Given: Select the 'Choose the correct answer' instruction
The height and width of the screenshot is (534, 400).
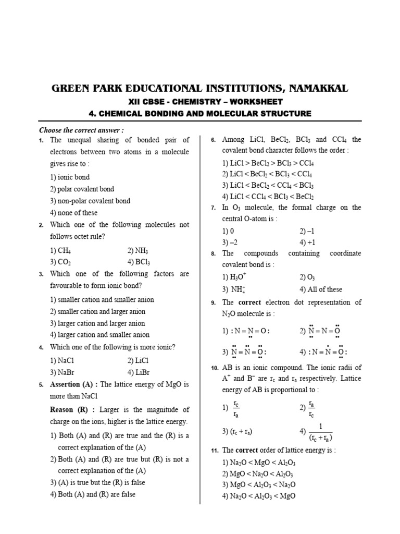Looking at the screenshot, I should [x=82, y=130].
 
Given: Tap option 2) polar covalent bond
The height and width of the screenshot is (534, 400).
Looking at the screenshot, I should [x=82, y=189].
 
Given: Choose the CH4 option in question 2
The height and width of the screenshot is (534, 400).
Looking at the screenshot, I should [x=61, y=250].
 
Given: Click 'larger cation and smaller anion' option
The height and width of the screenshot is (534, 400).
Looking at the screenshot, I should [x=100, y=335].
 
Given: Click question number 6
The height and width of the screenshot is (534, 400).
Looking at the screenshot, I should [x=213, y=140].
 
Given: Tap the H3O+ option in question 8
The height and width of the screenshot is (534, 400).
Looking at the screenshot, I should [x=234, y=277].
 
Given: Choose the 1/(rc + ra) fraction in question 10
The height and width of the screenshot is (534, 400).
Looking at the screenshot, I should [x=317, y=431].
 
